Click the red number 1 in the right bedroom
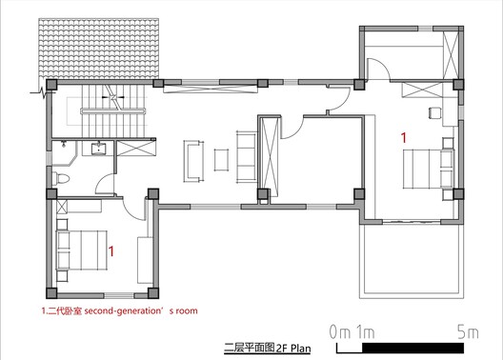[x=404, y=138]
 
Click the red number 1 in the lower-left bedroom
[x=114, y=251]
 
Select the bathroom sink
[x=96, y=148]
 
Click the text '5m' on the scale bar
[x=468, y=333]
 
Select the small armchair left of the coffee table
[x=193, y=158]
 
